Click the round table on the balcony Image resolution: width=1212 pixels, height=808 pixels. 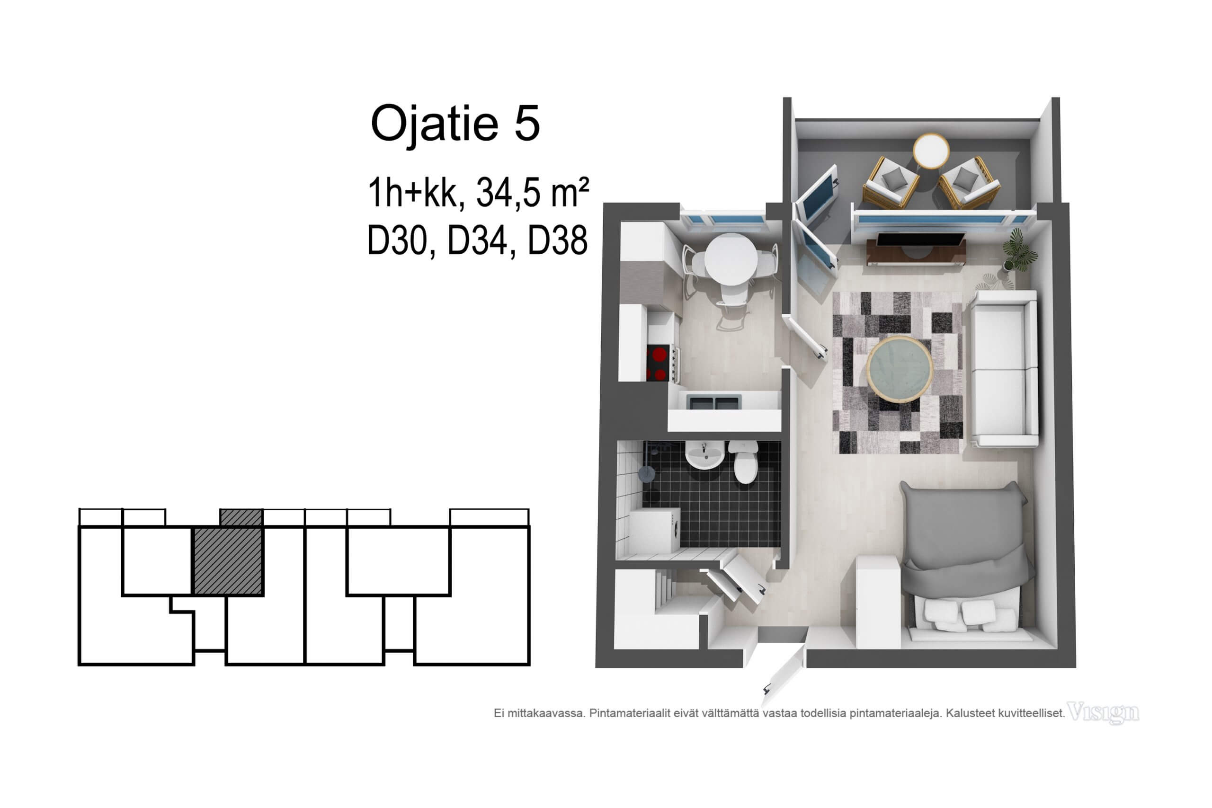tap(931, 151)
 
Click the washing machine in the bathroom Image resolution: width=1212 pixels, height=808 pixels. tap(654, 530)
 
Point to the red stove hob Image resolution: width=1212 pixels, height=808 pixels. tap(659, 363)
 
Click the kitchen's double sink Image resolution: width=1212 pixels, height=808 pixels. tap(714, 402)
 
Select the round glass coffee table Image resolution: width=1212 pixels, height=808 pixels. tap(900, 369)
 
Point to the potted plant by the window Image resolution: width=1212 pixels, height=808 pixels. tap(1019, 250)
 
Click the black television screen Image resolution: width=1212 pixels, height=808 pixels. tap(920, 240)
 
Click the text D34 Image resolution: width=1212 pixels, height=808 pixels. tap(477, 240)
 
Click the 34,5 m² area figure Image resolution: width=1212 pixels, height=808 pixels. tap(532, 192)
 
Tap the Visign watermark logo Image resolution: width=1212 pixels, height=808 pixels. tap(1103, 713)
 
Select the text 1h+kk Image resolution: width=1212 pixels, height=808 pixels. tap(412, 192)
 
